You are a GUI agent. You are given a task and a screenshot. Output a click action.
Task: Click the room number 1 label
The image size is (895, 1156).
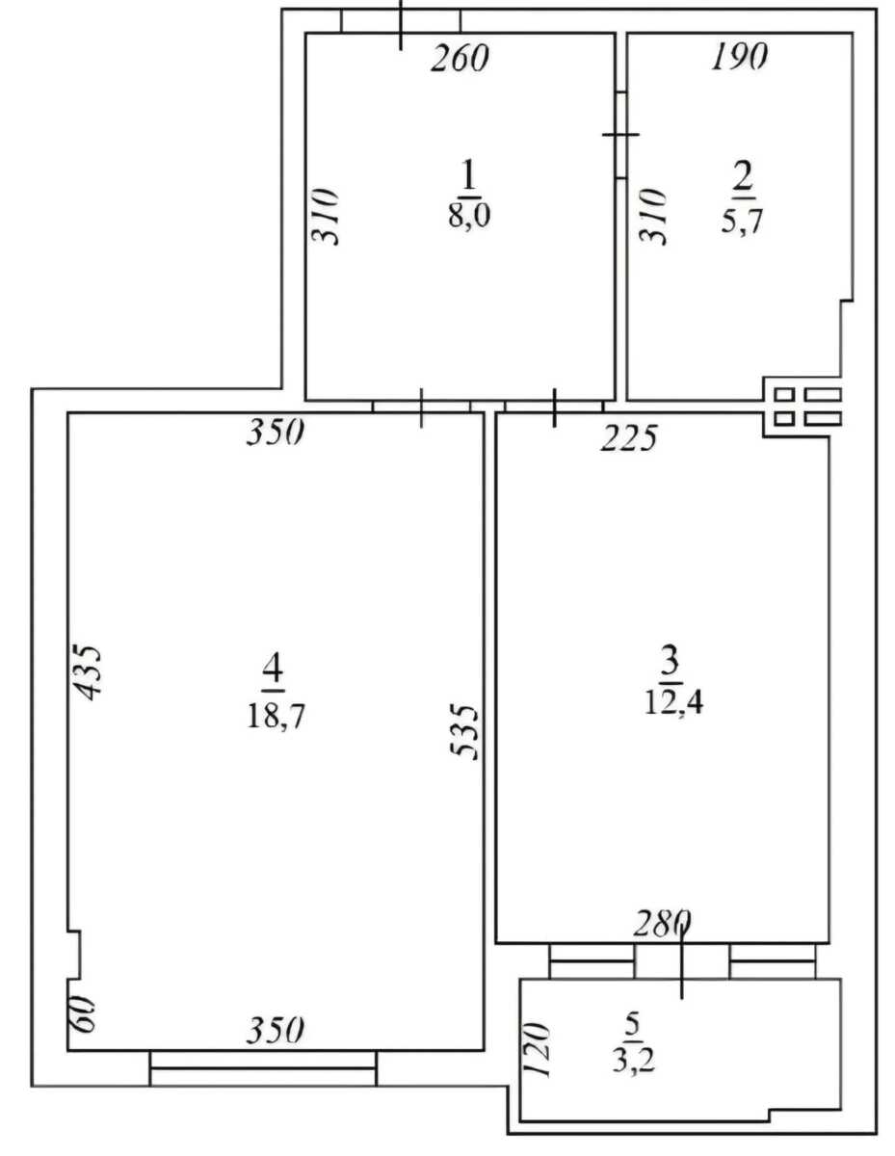click(468, 177)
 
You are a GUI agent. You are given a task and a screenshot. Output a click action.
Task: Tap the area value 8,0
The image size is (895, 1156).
click(469, 215)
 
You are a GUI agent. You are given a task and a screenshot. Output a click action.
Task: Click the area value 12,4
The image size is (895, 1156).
click(673, 703)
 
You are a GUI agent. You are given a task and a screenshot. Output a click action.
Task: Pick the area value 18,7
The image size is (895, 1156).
click(275, 717)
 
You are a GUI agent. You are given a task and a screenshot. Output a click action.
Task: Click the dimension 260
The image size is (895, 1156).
click(460, 58)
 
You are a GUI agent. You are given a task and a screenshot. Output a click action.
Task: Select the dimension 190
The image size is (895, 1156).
click(740, 56)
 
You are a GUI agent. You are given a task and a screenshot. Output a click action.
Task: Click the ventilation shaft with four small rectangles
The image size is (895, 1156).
click(803, 407)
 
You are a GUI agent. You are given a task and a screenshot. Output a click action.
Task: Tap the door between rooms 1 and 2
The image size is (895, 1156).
click(620, 135)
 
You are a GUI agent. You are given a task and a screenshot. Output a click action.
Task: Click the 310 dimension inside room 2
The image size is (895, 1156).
click(651, 217)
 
